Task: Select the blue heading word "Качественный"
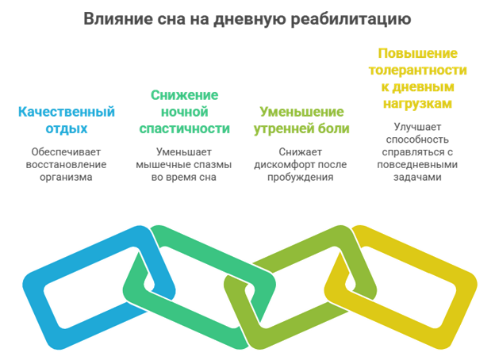click(x=67, y=112)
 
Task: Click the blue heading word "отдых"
click(x=67, y=128)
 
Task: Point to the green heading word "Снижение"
click(x=184, y=95)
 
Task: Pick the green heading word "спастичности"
click(x=184, y=128)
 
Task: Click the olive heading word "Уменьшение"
click(x=301, y=112)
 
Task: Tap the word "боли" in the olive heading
click(x=334, y=128)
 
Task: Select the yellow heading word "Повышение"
click(x=417, y=53)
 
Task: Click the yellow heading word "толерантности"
click(x=417, y=71)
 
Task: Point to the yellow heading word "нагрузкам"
click(x=417, y=104)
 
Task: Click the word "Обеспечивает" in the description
click(x=66, y=152)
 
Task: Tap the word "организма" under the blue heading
click(x=66, y=178)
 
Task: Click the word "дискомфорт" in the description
click(x=284, y=165)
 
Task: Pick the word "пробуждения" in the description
click(x=300, y=178)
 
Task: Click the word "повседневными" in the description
click(x=417, y=165)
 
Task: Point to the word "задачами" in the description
click(x=417, y=178)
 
